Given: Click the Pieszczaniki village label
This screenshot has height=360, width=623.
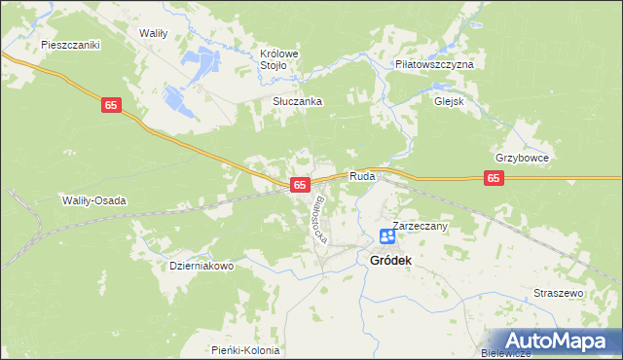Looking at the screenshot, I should pyautogui.click(x=71, y=45).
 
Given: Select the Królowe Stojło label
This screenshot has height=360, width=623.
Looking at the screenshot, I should pyautogui.click(x=278, y=59).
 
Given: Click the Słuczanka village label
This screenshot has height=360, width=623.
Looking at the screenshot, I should pyautogui.click(x=296, y=101).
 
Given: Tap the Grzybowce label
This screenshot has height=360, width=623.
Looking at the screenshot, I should pyautogui.click(x=522, y=158).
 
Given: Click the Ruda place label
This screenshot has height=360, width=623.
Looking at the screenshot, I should pyautogui.click(x=362, y=177).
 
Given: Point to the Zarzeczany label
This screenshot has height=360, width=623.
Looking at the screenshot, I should pyautogui.click(x=420, y=226).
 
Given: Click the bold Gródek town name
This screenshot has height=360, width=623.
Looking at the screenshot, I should pyautogui.click(x=390, y=261).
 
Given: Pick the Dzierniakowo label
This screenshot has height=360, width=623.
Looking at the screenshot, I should pyautogui.click(x=202, y=266).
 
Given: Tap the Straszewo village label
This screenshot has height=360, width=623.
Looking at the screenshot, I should pyautogui.click(x=558, y=293).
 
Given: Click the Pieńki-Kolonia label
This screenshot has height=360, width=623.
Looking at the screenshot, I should pyautogui.click(x=245, y=350).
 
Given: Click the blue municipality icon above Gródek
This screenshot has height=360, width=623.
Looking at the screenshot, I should pyautogui.click(x=387, y=236).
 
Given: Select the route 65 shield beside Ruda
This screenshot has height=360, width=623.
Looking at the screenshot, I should pyautogui.click(x=300, y=184).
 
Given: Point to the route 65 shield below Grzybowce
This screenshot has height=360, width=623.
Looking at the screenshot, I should pyautogui.click(x=495, y=178).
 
